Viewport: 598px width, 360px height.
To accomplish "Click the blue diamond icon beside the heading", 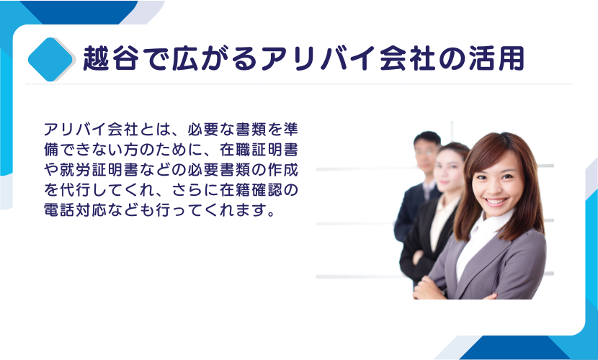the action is tap(50, 60).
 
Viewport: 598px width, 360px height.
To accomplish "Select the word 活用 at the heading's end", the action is tap(496, 58).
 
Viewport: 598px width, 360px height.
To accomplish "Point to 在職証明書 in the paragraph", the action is tap(259, 150).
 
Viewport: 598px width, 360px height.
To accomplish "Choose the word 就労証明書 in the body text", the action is tap(99, 170).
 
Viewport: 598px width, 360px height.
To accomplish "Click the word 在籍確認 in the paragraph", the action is tap(251, 189).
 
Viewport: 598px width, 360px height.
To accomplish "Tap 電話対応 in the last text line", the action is tap(75, 210).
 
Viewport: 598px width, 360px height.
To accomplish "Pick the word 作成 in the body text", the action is tap(282, 170).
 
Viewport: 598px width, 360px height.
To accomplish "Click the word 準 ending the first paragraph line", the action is tap(290, 130).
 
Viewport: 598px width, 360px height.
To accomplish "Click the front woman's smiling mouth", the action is tap(496, 202).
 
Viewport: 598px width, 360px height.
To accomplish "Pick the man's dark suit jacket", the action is tap(410, 213).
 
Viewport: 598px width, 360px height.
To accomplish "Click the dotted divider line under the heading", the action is tap(298, 84).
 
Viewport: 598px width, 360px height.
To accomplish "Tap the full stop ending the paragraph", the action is tap(271, 214).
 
